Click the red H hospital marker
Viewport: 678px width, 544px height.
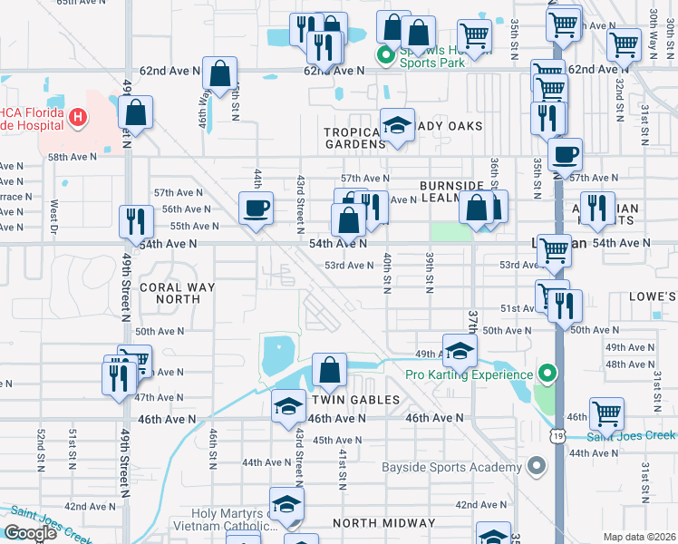tap(79, 117)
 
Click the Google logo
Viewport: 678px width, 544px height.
tap(30, 533)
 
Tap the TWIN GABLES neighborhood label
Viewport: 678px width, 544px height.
tap(355, 400)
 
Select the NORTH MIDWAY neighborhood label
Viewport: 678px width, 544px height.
tap(383, 523)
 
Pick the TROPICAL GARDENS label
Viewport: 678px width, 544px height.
tap(355, 138)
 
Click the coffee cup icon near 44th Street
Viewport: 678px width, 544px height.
tap(256, 208)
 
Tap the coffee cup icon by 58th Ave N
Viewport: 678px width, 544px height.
tap(566, 153)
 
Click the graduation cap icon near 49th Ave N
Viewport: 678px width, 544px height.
tap(460, 348)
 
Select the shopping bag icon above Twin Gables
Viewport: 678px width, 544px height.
tap(329, 368)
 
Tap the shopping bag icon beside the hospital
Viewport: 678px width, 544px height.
tap(136, 112)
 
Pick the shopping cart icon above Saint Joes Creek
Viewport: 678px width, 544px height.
tap(606, 413)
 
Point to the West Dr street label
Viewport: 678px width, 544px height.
tap(54, 214)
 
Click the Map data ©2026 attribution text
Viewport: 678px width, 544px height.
tap(639, 537)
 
